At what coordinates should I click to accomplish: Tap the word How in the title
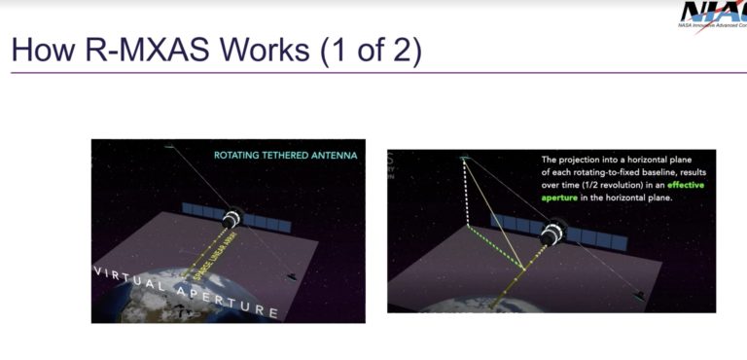[x=41, y=50]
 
